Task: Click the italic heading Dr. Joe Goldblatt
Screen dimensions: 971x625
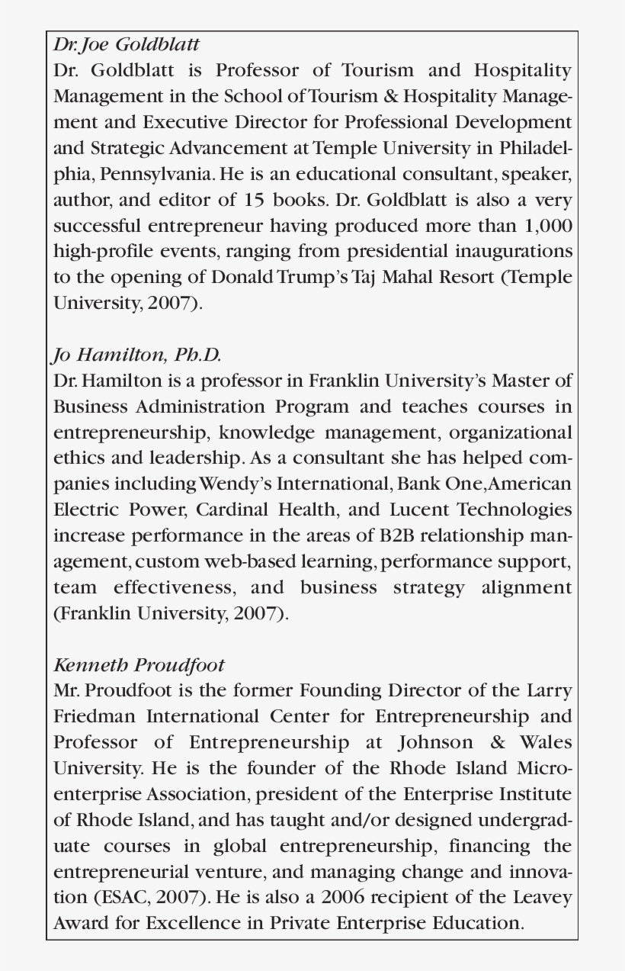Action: (126, 44)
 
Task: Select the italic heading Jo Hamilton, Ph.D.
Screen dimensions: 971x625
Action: (137, 355)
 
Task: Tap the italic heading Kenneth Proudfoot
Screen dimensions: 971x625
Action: (139, 665)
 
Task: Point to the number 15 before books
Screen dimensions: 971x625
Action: (255, 201)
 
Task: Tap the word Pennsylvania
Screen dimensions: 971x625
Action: (158, 174)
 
